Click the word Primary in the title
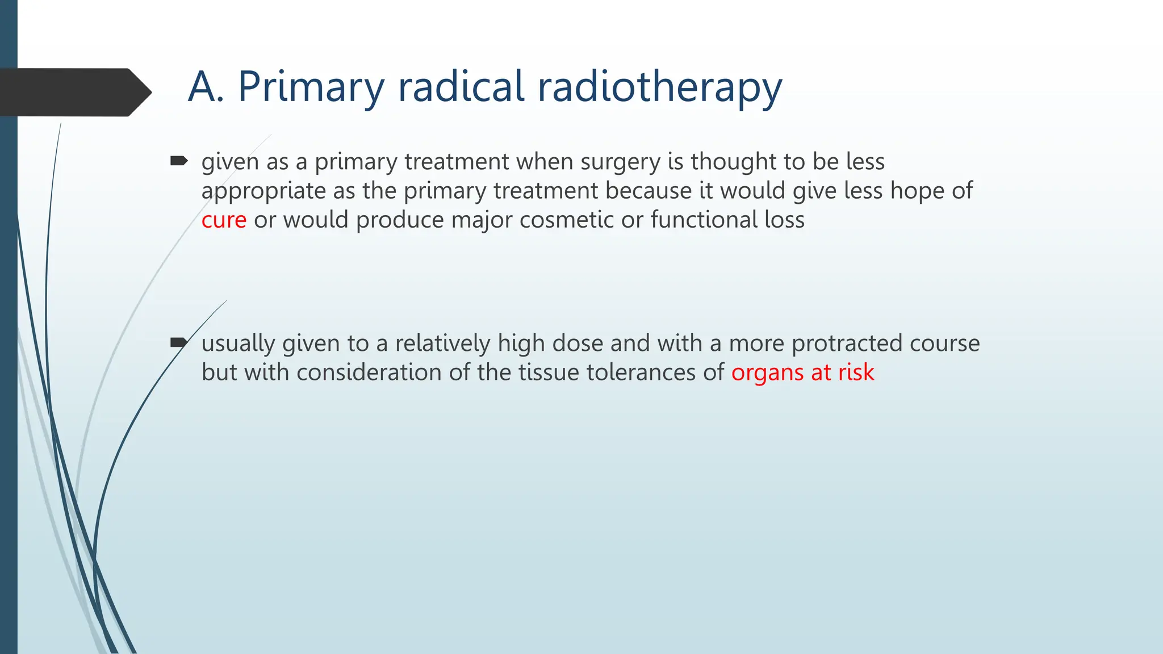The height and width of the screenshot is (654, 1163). point(311,87)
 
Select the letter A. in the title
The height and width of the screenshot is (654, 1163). point(206,87)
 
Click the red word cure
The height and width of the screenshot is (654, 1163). point(224,220)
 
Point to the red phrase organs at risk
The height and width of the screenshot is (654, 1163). point(802,373)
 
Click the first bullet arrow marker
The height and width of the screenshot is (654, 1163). point(179,161)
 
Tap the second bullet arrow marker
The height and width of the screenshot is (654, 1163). point(179,342)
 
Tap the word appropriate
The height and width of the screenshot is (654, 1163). point(263,191)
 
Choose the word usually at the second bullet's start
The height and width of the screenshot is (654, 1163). point(238,344)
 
